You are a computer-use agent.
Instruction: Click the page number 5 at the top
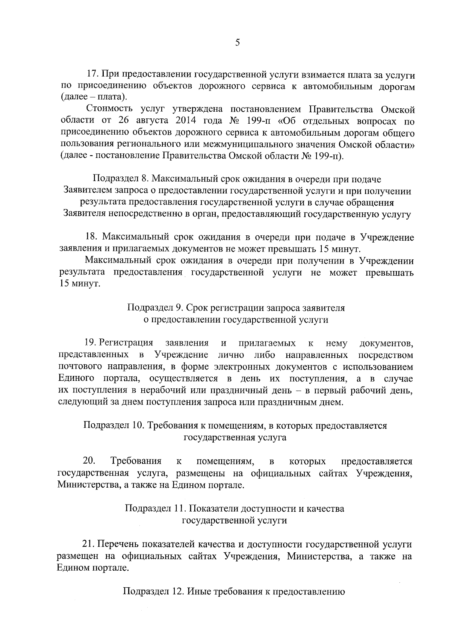tap(237, 42)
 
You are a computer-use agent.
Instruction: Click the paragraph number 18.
tap(92, 237)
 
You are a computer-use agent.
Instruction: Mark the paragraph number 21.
tap(89, 544)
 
